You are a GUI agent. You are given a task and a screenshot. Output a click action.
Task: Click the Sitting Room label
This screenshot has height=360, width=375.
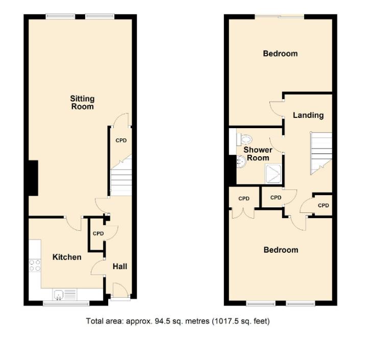tap(82, 103)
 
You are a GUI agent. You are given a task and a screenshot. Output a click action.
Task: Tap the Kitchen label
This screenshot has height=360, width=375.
tap(67, 257)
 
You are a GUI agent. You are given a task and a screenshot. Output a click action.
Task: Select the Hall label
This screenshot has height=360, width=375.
tap(120, 266)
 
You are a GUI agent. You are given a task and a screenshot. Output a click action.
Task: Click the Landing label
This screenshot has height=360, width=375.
tap(308, 115)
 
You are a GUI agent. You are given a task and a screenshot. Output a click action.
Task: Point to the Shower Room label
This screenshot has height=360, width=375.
tap(258, 154)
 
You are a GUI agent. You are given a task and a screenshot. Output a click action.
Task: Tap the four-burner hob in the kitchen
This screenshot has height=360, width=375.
tap(35, 265)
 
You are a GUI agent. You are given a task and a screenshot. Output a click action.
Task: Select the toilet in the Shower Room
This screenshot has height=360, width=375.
tap(246, 139)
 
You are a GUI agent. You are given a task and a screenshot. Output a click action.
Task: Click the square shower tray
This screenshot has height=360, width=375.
tap(274, 173)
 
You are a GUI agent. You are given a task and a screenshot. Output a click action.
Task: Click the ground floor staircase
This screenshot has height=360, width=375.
tap(121, 177)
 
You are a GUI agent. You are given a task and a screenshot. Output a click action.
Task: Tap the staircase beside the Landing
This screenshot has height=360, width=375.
tap(321, 152)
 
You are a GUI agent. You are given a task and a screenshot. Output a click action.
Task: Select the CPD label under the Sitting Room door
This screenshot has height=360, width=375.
tap(121, 140)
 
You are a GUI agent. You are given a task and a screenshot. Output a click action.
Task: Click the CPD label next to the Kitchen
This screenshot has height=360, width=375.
tap(98, 233)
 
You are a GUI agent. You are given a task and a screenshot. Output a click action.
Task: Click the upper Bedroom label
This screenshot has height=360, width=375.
tap(280, 54)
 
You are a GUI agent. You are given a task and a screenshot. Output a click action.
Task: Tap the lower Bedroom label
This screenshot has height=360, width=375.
tap(281, 250)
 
